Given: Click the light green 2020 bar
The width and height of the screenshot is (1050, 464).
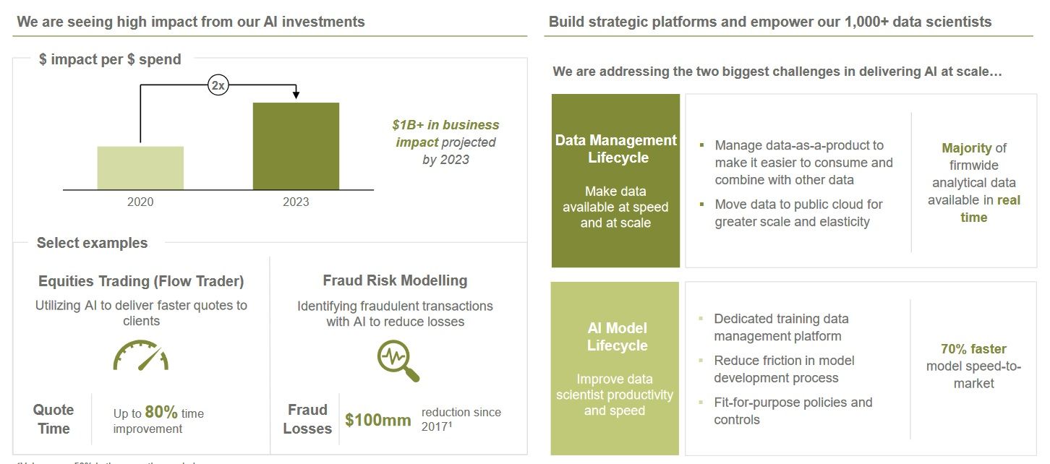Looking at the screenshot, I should tap(140, 168).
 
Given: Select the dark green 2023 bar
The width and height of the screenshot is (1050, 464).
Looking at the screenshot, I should tap(296, 146).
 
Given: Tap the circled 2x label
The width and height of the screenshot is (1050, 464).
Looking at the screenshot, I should tap(218, 85).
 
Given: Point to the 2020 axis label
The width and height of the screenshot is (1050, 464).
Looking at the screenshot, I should tap(140, 202).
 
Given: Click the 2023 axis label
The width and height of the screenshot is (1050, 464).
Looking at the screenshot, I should tap(296, 202).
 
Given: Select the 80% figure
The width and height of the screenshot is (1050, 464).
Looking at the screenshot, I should tap(161, 413).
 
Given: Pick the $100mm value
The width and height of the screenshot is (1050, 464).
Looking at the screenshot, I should tap(377, 419).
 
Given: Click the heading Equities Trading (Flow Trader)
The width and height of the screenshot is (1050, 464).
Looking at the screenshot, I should tap(141, 281).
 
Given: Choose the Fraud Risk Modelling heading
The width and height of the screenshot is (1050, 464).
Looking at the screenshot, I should tap(395, 280).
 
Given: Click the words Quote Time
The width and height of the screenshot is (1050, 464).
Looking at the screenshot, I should tap(54, 419).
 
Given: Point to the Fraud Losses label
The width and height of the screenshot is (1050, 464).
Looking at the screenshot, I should tap(307, 419).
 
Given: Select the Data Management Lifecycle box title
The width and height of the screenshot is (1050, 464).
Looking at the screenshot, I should tap(616, 149).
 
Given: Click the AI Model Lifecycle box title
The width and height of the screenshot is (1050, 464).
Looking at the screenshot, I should tap(617, 337).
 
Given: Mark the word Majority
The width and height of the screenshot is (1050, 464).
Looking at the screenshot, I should tap(966, 148).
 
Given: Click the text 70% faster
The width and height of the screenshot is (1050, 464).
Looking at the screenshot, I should tap(973, 349).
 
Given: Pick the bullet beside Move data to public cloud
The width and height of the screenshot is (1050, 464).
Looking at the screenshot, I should tap(701, 205).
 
